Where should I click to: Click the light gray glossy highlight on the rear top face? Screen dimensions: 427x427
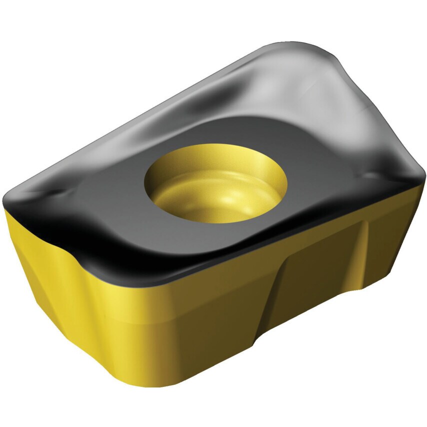pos(300,95)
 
